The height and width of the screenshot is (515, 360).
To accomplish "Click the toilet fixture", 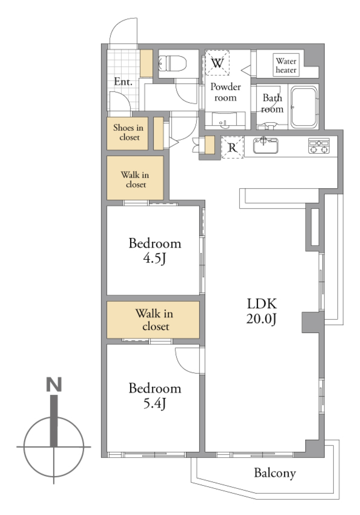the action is [172, 63].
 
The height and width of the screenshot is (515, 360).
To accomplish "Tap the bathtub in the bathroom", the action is [304, 107].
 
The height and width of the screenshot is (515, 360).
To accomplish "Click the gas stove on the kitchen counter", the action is [319, 146].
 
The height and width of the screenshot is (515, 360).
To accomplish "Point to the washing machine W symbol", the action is [217, 63].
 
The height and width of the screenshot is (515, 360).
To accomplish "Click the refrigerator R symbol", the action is [232, 147].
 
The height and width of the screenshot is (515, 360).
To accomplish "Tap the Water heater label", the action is [286, 65].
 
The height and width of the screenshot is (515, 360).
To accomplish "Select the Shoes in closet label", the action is [128, 132].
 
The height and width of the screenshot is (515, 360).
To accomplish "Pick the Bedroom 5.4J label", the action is [155, 396].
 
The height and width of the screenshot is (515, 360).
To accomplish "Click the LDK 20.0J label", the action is [262, 311].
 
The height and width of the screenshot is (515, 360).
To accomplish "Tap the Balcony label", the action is [275, 473].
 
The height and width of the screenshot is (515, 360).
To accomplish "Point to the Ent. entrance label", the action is [123, 81].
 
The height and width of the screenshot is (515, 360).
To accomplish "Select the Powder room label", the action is [226, 92].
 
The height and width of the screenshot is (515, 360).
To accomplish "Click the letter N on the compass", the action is [54, 385].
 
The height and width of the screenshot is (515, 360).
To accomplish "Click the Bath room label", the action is [272, 103].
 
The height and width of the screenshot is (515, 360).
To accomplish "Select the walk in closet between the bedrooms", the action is [153, 320].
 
